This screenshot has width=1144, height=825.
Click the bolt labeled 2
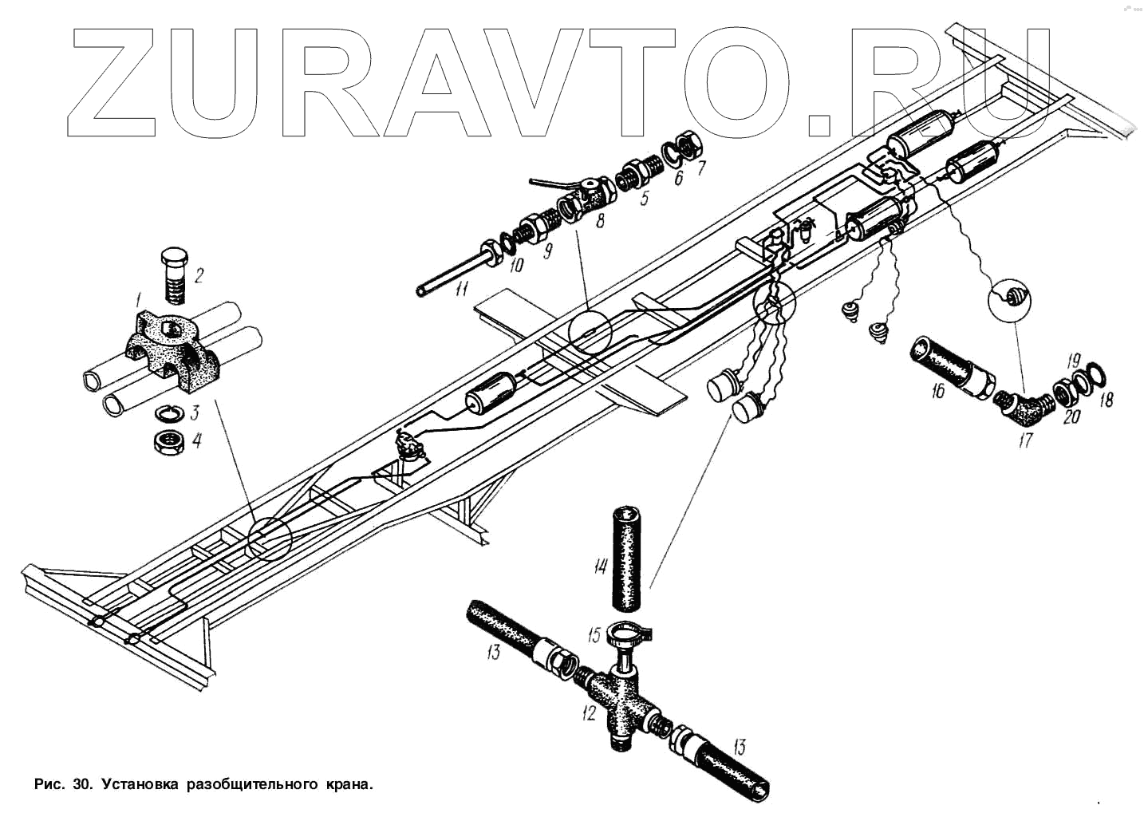[175, 275]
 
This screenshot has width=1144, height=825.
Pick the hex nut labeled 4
[170, 441]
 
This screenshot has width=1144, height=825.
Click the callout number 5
[645, 197]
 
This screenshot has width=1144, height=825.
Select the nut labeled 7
[688, 146]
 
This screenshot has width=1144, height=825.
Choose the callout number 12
[589, 712]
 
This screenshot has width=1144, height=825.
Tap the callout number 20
[1071, 415]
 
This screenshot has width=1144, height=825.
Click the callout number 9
[548, 251]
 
